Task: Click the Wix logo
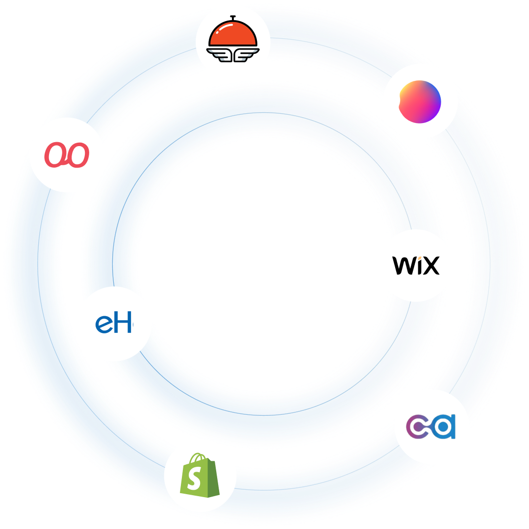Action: [x=416, y=265]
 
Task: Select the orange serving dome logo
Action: [x=232, y=42]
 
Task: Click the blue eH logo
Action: [x=114, y=324]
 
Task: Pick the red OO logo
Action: [x=67, y=155]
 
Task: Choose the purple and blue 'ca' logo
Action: [x=431, y=427]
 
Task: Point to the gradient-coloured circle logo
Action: [x=420, y=101]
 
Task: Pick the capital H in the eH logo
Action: [x=123, y=324]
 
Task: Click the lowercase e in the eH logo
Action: [x=103, y=325]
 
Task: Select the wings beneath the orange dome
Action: [x=232, y=53]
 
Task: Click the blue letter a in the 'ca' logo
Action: [x=445, y=427]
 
